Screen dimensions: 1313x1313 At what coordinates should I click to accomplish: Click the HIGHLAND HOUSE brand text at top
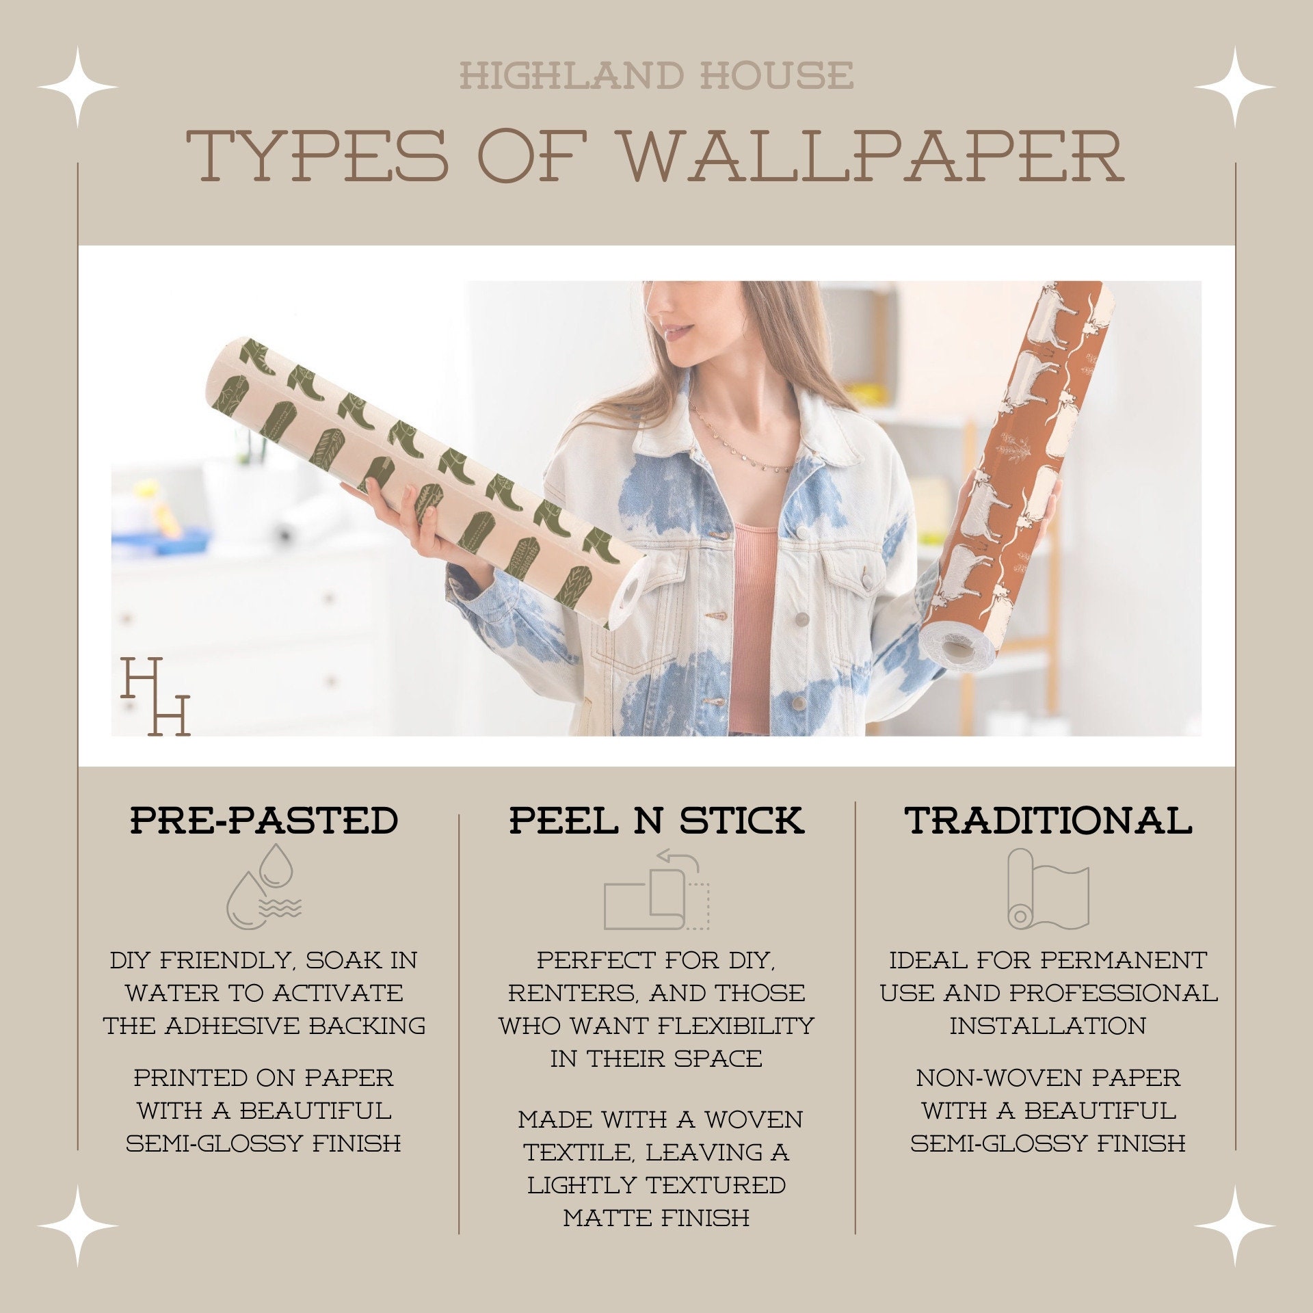656,75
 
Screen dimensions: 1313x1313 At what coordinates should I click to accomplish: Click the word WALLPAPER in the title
872,156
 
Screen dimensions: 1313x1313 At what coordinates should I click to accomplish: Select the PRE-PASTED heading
264,820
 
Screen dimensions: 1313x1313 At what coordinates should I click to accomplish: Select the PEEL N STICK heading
656,820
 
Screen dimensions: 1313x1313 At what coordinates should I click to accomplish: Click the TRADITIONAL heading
1048,820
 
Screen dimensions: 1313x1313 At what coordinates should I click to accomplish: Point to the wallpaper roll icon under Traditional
1047,889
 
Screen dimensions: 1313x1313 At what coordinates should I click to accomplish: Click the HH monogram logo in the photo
155,696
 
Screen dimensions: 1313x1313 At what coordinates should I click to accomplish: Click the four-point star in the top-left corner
78,87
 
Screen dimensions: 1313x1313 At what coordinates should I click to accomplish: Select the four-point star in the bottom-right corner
1234,1225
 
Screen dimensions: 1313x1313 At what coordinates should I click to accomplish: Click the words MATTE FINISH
656,1218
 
